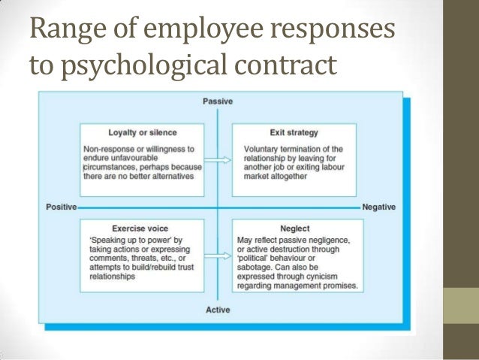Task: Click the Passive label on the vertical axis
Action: coord(218,101)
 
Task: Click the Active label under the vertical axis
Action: coord(218,310)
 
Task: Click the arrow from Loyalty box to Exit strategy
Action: coord(217,159)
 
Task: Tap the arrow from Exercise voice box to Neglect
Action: coord(217,254)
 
